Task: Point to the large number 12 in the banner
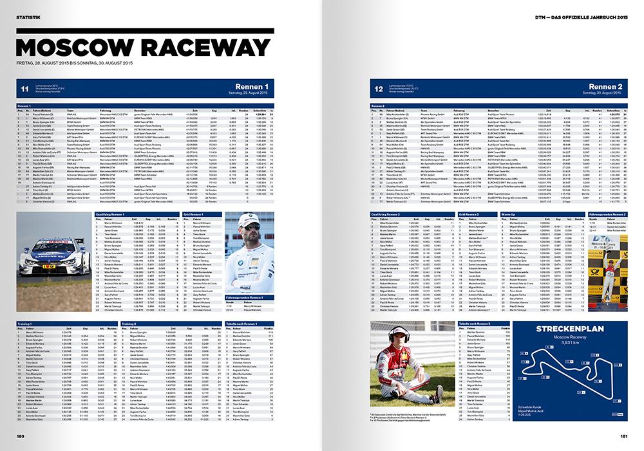pyautogui.click(x=379, y=89)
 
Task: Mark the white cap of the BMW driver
pyautogui.click(x=252, y=219)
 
